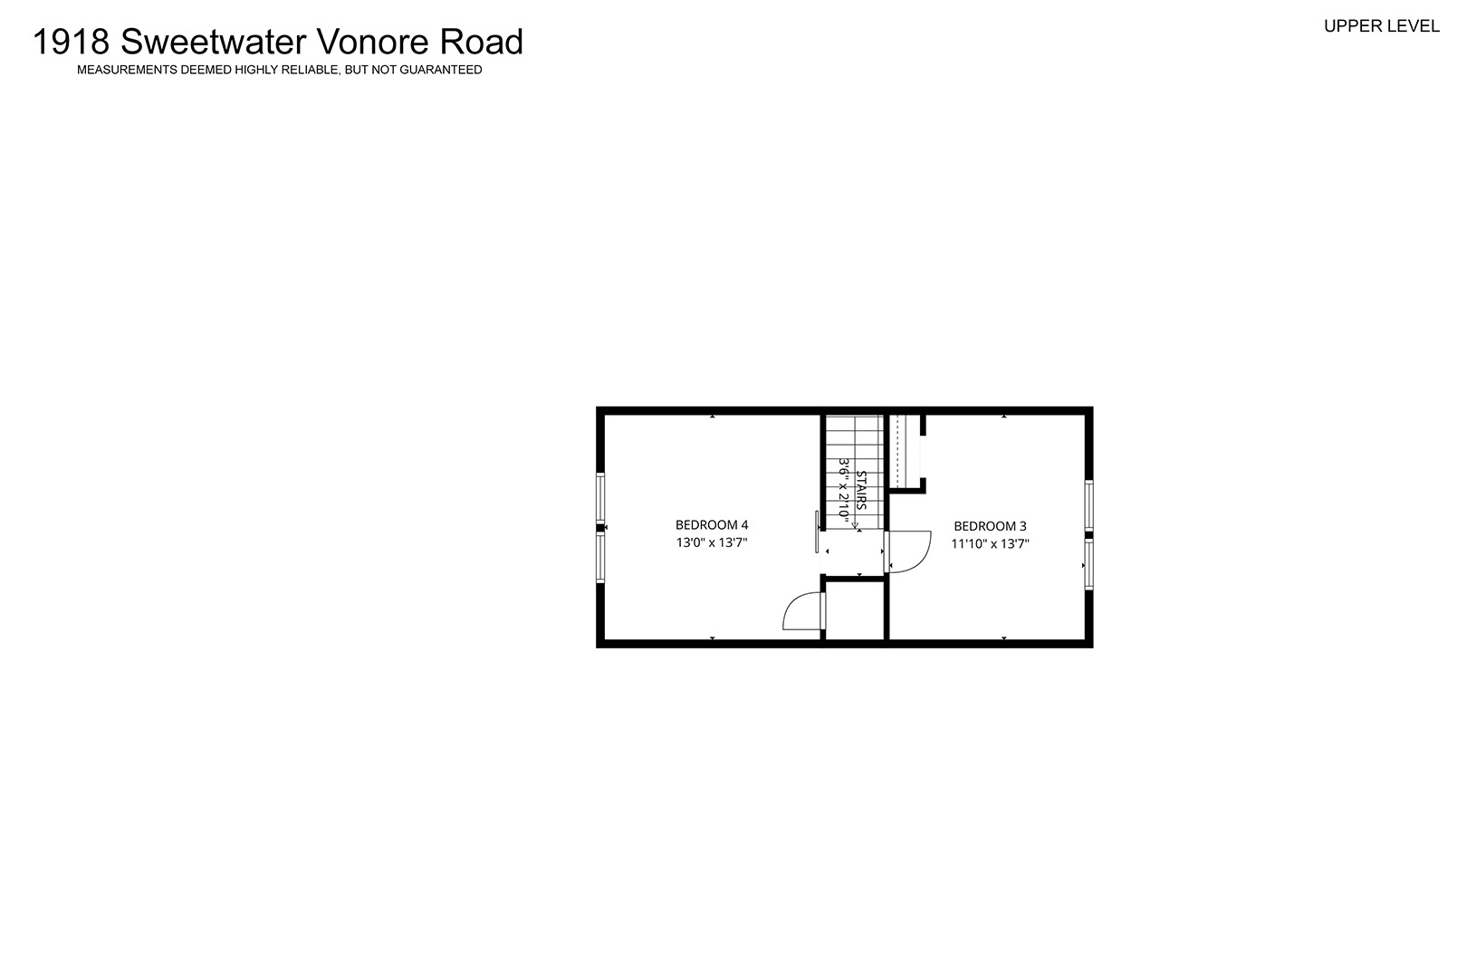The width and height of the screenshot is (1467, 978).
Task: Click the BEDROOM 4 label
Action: point(711,524)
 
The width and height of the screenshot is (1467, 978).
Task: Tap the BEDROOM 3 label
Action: point(990,526)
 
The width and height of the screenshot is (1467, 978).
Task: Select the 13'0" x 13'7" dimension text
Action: point(711,542)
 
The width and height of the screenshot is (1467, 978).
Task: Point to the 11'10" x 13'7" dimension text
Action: point(991,543)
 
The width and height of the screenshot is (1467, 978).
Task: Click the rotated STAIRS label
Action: point(861,490)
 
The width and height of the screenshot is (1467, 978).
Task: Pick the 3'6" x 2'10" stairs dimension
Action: point(844,492)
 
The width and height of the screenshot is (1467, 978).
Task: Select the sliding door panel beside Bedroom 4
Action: point(817,532)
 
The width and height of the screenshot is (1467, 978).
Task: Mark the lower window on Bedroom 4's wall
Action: point(600,558)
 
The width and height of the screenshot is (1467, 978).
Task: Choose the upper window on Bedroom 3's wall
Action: point(1088,505)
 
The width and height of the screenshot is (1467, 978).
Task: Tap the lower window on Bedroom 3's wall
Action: point(1088,564)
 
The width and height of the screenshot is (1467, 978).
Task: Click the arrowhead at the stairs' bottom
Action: point(855,524)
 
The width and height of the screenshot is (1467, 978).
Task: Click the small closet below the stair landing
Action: point(855,609)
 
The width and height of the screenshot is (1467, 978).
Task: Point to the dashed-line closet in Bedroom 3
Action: point(905,451)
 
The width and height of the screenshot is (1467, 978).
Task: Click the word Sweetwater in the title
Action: point(213,42)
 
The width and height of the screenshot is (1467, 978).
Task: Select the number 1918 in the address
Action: point(71,42)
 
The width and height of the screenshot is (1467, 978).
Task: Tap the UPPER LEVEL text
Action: point(1381,26)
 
